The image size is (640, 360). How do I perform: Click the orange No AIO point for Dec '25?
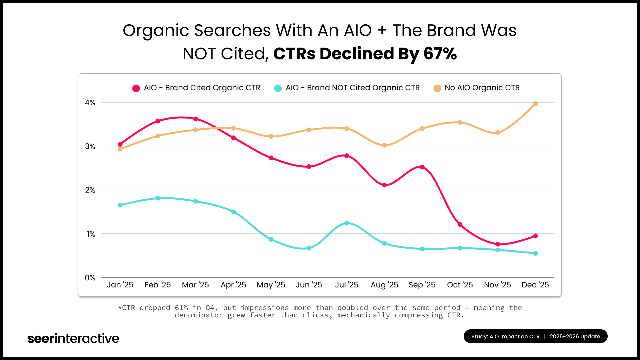point(535,104)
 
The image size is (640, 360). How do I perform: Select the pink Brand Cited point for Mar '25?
point(196,119)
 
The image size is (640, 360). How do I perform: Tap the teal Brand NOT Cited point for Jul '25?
point(347,223)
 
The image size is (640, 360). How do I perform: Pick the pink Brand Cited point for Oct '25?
point(460,224)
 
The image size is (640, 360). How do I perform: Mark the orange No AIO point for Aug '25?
point(384,145)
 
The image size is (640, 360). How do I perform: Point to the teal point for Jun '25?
point(309,248)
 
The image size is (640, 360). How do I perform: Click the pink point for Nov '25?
point(498,244)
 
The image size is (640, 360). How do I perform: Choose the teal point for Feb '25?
point(158,198)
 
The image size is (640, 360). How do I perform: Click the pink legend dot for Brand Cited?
point(136,88)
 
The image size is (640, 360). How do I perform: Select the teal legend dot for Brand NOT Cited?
point(278,88)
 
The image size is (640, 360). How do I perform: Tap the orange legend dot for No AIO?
point(437,88)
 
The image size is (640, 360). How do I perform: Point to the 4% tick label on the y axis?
point(90,103)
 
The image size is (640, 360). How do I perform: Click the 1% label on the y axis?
point(91,234)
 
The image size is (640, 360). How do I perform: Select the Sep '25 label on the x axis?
point(422,285)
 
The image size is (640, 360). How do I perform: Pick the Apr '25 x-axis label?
point(233,285)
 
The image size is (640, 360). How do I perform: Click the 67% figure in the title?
point(440,54)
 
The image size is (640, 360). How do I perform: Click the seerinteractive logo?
point(73,338)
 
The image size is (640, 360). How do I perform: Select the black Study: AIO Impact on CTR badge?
point(535,336)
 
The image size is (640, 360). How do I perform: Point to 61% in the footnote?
point(181,308)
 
